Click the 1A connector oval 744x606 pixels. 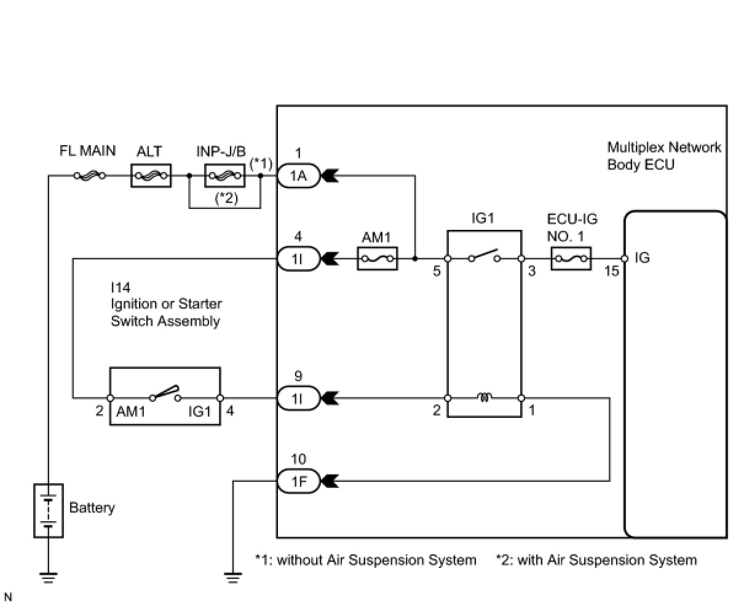[x=299, y=176]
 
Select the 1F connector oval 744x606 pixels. [x=299, y=481]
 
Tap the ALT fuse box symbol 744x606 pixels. [x=151, y=176]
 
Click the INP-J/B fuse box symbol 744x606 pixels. [x=224, y=176]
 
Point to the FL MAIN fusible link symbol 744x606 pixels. [x=89, y=176]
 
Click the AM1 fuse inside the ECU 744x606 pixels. [x=378, y=259]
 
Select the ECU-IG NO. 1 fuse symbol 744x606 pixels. [x=571, y=259]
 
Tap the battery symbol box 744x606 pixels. [x=49, y=510]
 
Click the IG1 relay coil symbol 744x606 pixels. [x=485, y=397]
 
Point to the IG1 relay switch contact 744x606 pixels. [x=484, y=256]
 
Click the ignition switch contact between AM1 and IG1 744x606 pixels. [x=165, y=393]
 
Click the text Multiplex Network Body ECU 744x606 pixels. [x=663, y=156]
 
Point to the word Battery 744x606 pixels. [x=92, y=508]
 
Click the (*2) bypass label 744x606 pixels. [x=226, y=199]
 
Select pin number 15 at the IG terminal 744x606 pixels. [x=611, y=271]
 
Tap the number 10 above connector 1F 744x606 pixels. [x=298, y=459]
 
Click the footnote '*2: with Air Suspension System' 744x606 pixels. [x=596, y=560]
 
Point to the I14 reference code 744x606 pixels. [x=121, y=288]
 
